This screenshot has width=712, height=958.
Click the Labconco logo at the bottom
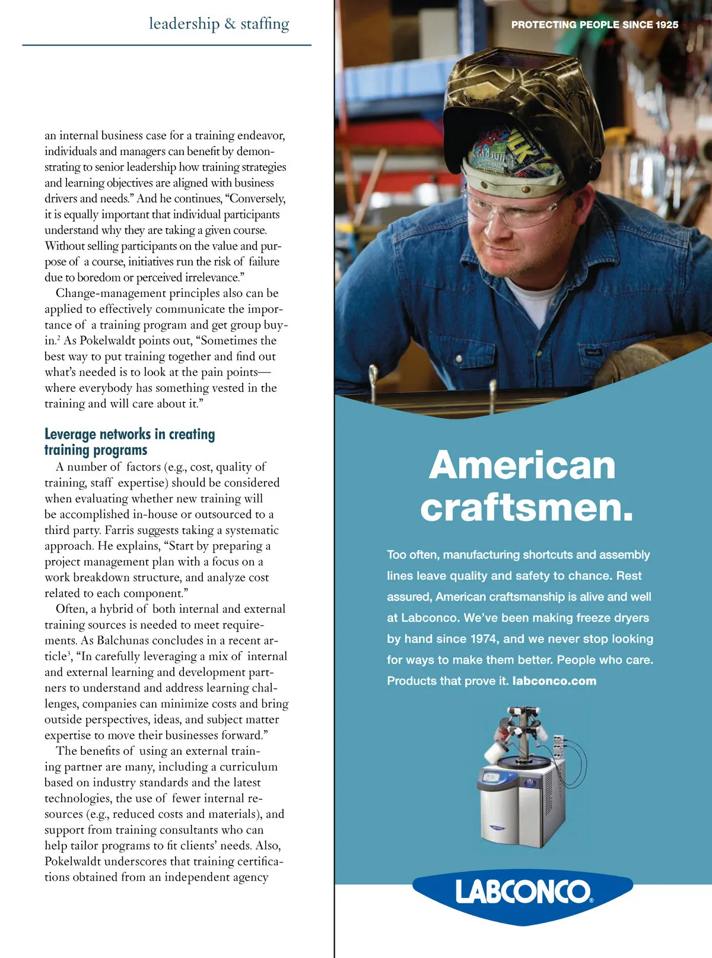[x=523, y=891]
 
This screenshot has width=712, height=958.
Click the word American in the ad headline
[x=522, y=465]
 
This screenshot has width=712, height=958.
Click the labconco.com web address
[x=554, y=681]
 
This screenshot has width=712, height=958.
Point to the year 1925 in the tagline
[x=667, y=25]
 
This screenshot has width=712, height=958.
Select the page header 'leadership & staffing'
[x=219, y=24]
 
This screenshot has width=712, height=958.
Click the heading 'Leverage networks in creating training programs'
[x=129, y=442]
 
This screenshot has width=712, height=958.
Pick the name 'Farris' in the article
[x=123, y=530]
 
